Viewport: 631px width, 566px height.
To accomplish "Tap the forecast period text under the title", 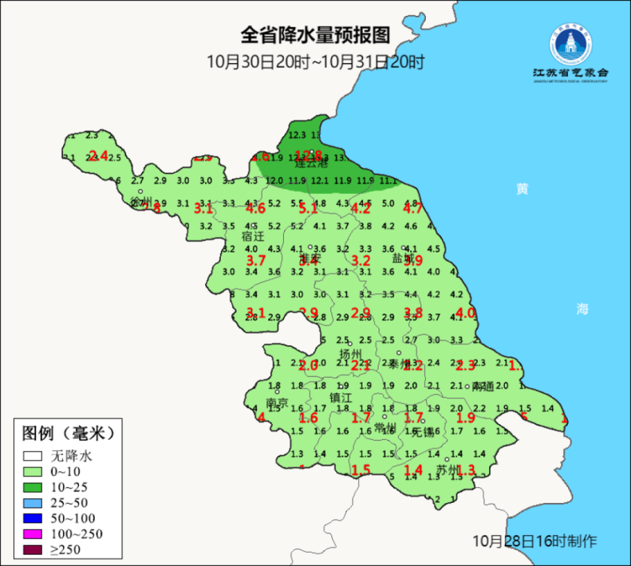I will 315,62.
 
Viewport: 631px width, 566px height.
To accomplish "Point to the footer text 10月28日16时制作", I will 535,541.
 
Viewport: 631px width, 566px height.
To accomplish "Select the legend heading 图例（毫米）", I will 68,434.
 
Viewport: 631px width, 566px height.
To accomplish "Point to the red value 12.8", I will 308,156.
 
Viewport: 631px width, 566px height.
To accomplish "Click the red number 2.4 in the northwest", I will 98,156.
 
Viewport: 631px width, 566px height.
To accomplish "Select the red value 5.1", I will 308,209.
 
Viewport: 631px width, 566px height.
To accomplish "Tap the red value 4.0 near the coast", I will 465,313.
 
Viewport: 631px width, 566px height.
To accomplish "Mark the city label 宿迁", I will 253,236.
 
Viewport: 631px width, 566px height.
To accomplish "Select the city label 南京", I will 277,402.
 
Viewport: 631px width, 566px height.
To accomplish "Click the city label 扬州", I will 350,354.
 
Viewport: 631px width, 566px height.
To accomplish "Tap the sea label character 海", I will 582,310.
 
